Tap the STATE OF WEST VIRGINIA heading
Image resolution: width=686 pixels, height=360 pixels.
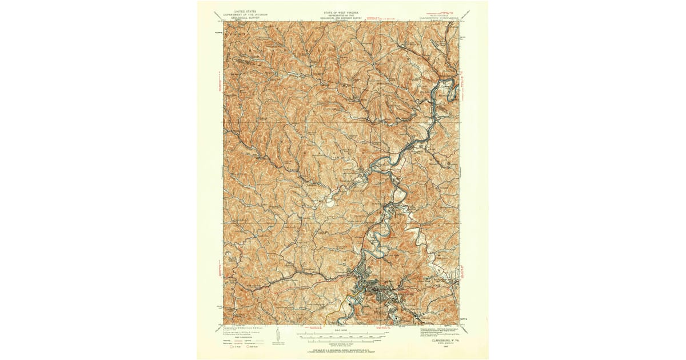tap(341, 10)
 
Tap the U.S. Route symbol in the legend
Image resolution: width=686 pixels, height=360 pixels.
tap(233, 346)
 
